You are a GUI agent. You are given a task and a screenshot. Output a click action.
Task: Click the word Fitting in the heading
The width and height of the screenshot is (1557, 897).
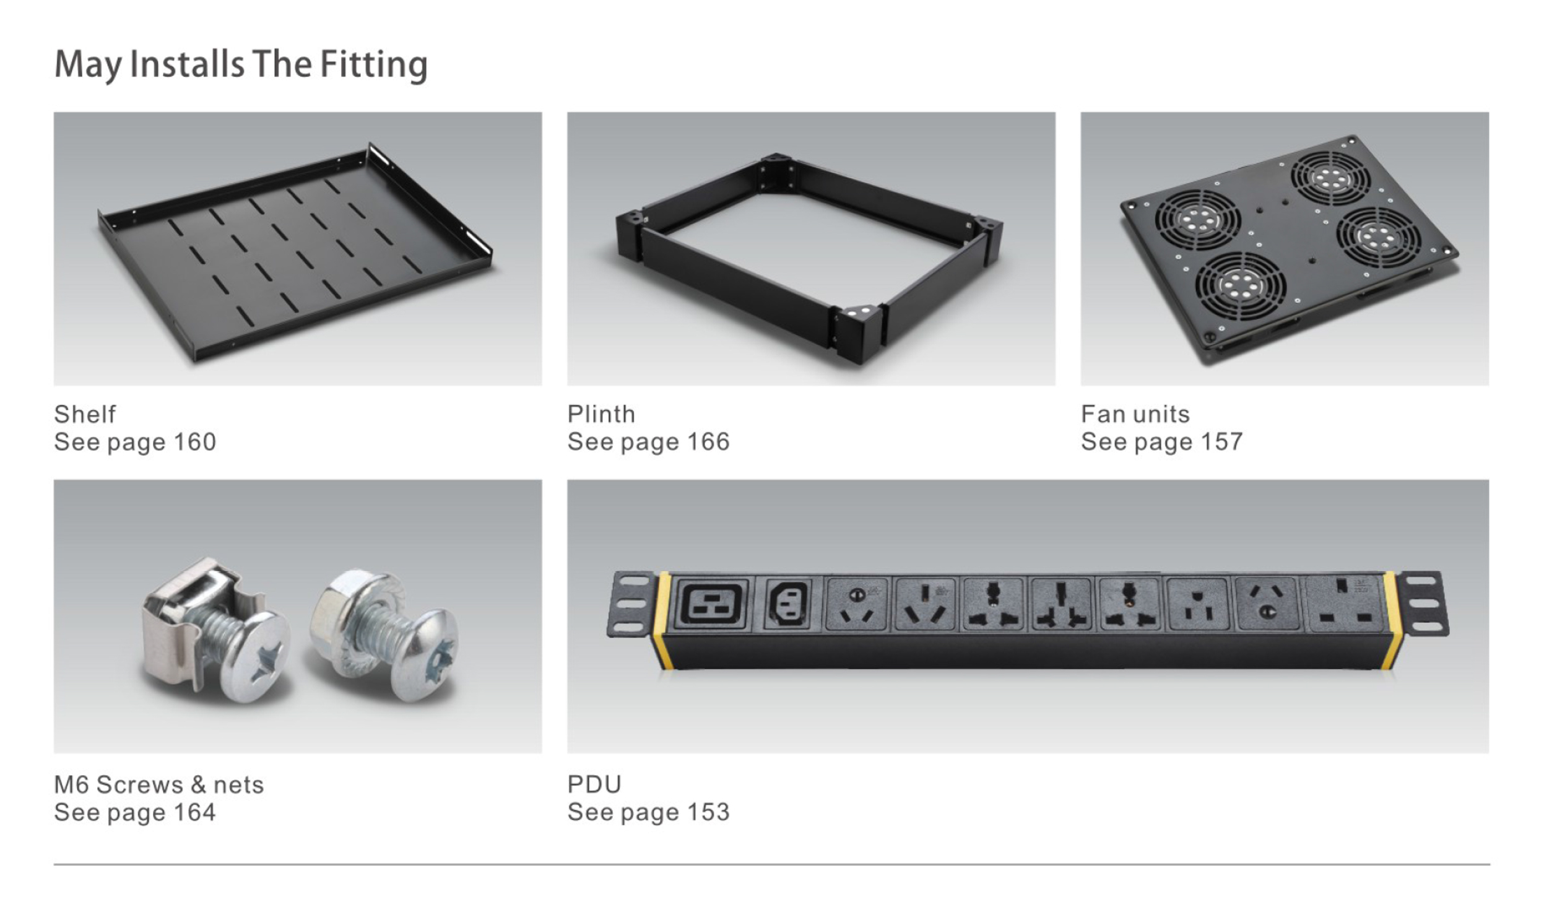373,65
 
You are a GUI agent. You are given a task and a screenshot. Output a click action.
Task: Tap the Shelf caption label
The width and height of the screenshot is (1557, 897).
85,414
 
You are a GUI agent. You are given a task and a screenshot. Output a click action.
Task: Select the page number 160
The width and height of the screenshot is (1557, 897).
194,442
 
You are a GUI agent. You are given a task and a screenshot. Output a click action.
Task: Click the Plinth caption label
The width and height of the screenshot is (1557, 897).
601,414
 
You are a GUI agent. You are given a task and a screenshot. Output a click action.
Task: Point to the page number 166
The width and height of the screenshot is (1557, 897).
708,441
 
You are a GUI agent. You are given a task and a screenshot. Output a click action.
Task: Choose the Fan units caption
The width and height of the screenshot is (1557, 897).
1135,414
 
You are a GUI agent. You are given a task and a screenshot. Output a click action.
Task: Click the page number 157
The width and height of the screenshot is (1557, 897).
1221,441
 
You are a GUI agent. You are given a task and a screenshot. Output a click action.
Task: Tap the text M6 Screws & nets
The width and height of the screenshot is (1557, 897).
159,784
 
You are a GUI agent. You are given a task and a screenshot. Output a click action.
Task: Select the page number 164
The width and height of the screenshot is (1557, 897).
194,812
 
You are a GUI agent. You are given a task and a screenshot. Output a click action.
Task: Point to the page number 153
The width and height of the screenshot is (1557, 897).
708,812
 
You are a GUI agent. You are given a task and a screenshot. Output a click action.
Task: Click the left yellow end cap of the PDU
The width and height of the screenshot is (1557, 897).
662,620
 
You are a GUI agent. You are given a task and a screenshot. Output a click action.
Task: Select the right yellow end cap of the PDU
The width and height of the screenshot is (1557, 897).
1390,620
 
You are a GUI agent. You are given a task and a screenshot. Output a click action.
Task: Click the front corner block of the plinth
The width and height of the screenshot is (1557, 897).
856,334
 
